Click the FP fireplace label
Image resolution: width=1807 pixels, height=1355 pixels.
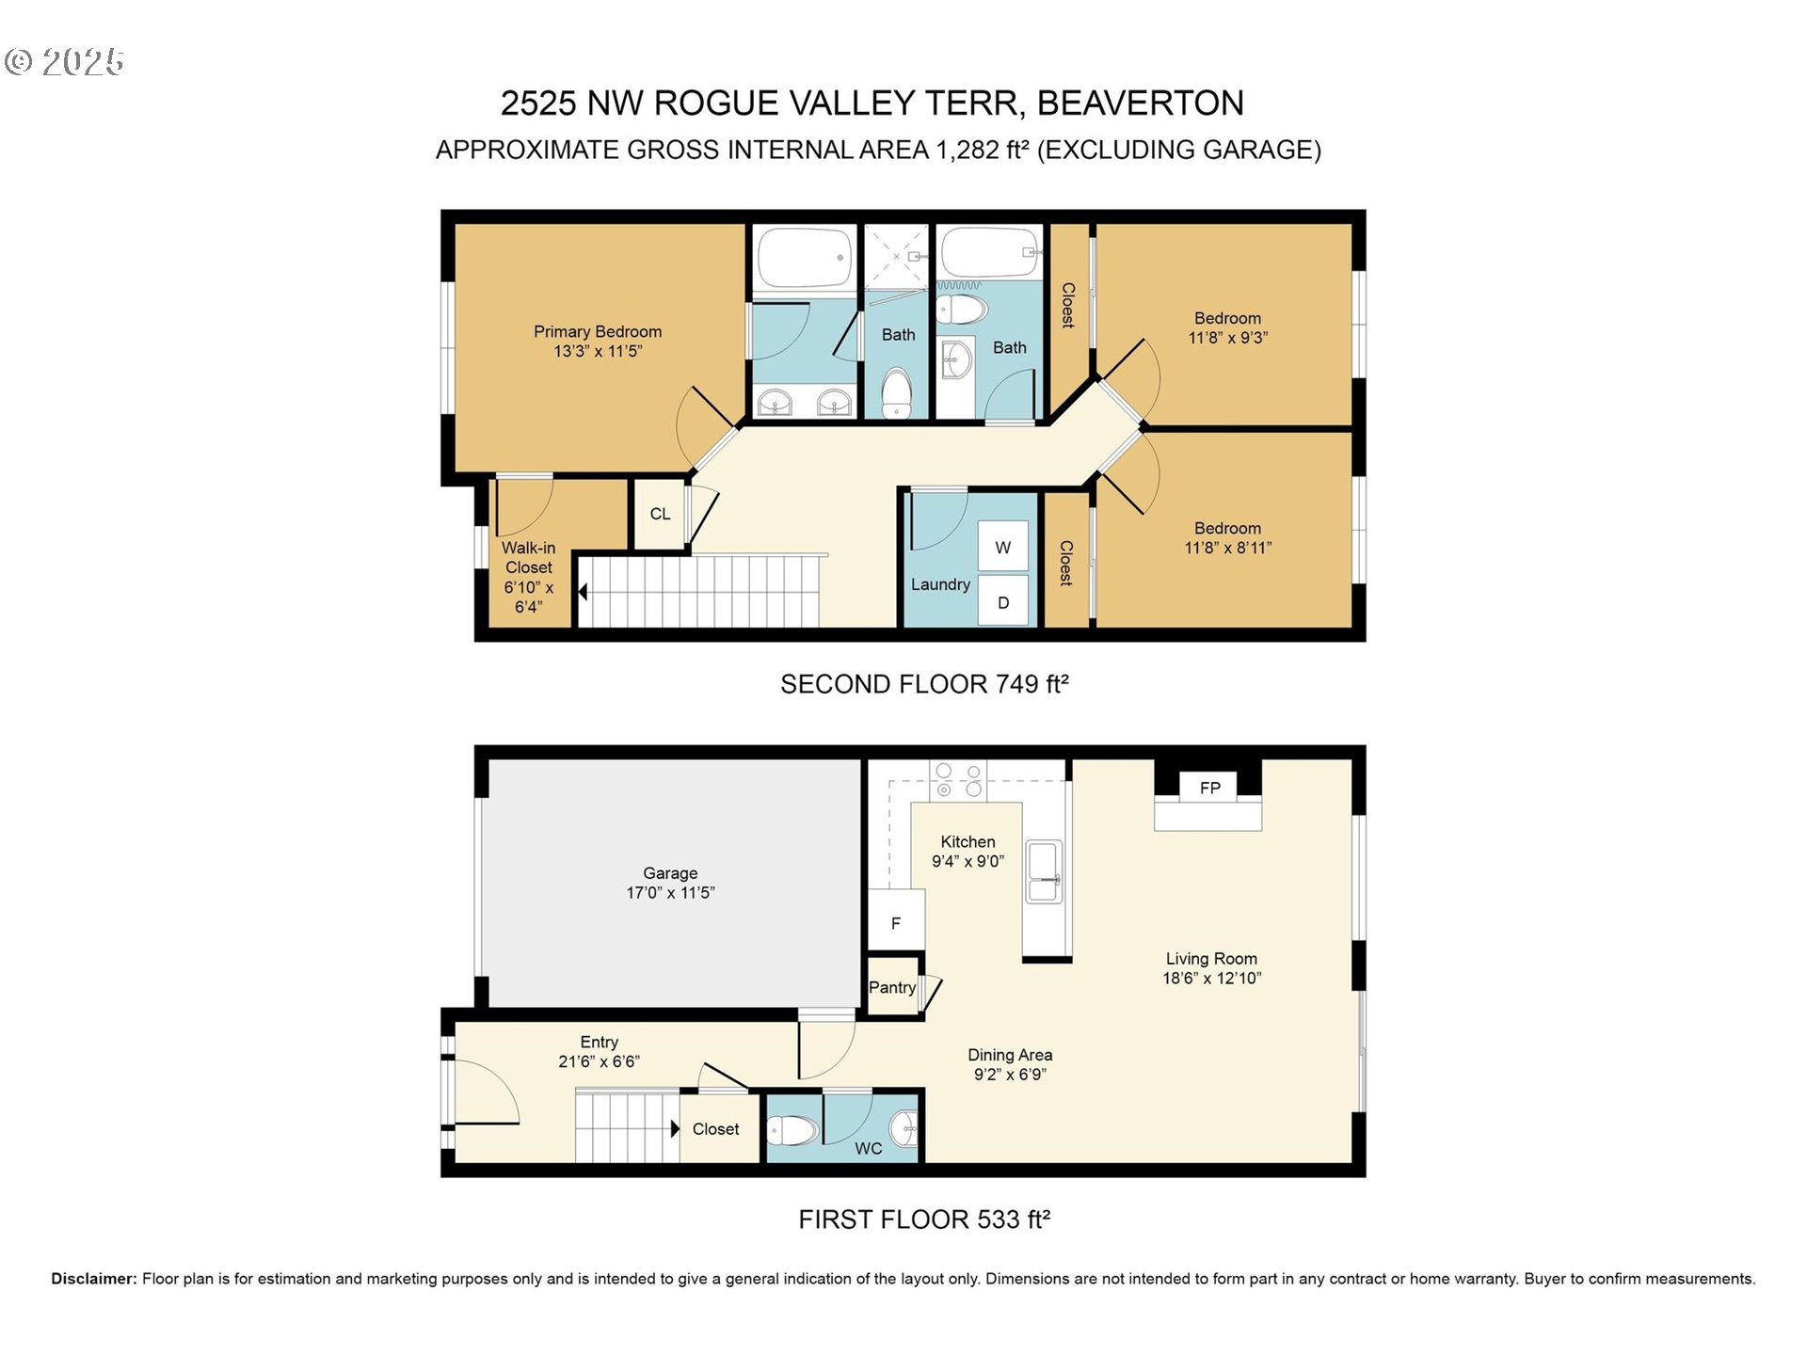pos(1209,788)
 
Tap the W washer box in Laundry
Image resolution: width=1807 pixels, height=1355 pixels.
pos(1003,547)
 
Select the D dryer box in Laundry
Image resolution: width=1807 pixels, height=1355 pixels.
pos(1003,602)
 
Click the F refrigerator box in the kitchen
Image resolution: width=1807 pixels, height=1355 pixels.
pos(896,922)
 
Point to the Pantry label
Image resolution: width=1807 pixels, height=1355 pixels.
pos(892,987)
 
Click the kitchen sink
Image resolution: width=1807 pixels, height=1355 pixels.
pos(1044,872)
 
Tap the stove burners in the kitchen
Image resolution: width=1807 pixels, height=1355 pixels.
pos(958,781)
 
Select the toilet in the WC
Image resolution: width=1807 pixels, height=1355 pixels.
pos(792,1129)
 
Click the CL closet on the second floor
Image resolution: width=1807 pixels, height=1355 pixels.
pos(660,514)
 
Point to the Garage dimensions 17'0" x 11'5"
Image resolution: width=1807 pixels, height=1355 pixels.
pos(670,892)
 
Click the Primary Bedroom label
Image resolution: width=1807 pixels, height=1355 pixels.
pos(598,331)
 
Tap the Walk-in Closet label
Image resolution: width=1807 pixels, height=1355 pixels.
pos(528,557)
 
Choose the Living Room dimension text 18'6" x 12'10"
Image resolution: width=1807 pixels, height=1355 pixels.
pos(1211,978)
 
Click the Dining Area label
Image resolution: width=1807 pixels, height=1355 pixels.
pos(1010,1055)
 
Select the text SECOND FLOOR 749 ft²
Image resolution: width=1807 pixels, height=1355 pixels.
pos(924,684)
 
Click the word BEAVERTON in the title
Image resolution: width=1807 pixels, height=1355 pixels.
pos(1141,103)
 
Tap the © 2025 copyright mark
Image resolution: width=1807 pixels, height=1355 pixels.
pos(64,62)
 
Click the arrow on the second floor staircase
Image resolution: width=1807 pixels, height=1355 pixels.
pos(584,592)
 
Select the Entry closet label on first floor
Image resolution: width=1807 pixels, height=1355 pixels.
pos(715,1129)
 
